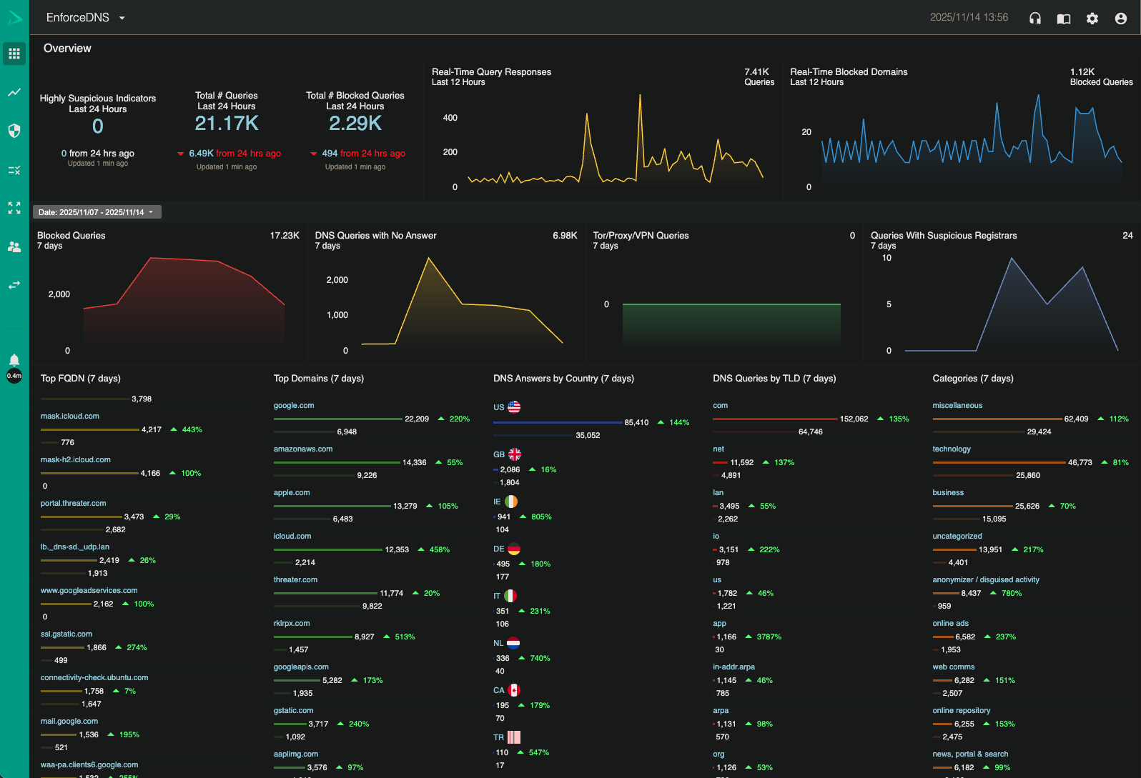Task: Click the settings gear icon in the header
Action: [1092, 19]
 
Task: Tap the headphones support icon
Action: [1034, 19]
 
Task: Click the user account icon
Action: [1120, 19]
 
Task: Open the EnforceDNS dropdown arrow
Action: [122, 18]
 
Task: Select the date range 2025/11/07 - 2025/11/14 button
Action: [97, 212]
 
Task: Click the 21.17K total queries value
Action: [227, 124]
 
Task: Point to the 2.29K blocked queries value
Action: [355, 124]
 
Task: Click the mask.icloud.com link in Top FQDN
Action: [70, 416]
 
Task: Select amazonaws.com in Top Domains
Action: [303, 449]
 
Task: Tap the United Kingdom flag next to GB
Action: [515, 454]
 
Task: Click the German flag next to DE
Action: [514, 549]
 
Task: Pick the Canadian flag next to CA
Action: [514, 690]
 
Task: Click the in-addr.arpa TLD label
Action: [733, 667]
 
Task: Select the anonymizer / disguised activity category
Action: [985, 579]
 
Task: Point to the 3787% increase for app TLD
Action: [769, 637]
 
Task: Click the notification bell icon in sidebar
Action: [14, 359]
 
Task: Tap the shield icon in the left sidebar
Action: [14, 131]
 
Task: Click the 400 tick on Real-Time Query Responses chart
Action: [450, 118]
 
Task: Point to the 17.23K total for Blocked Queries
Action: [285, 235]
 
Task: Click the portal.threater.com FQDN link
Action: [74, 503]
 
